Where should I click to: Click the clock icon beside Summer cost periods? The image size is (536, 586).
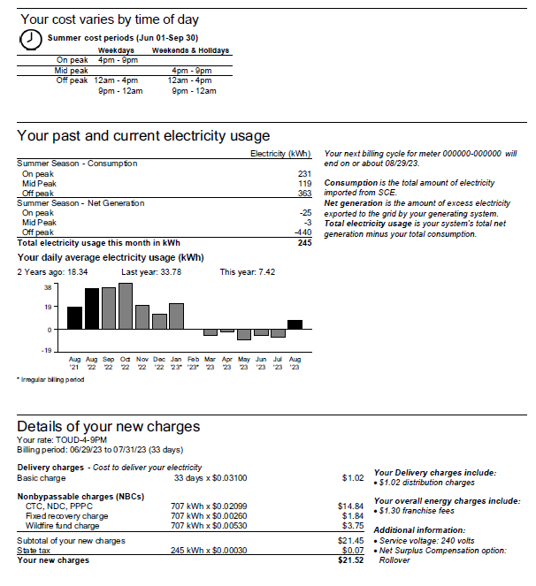[31, 41]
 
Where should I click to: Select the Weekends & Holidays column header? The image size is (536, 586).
[191, 50]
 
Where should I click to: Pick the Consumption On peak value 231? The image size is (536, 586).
[305, 174]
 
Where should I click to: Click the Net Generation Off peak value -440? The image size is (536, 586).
[302, 232]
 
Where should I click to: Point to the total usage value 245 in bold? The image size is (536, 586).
[305, 242]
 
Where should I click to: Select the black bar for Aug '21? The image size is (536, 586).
[74, 318]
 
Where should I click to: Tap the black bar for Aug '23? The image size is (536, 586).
[295, 324]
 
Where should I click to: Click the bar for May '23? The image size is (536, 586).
[244, 334]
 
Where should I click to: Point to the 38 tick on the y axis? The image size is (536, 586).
[48, 287]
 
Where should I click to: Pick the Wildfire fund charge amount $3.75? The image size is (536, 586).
[352, 526]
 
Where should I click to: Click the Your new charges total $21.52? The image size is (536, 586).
[350, 560]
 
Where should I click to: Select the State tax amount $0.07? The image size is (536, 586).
[352, 550]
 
